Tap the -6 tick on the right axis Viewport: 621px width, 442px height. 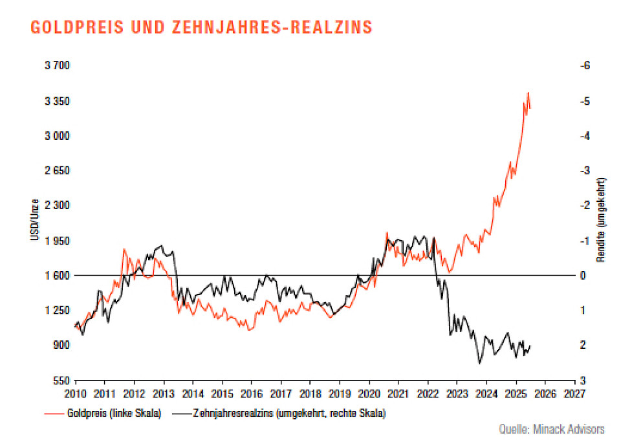(586, 66)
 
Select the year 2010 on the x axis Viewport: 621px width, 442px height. (76, 393)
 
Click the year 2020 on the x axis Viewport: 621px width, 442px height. (369, 393)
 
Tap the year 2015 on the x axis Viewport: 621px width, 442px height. (222, 393)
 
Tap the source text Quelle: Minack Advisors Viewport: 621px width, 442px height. (552, 428)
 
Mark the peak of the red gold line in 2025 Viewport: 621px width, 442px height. (528, 93)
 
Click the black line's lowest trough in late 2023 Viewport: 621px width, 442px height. (479, 363)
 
